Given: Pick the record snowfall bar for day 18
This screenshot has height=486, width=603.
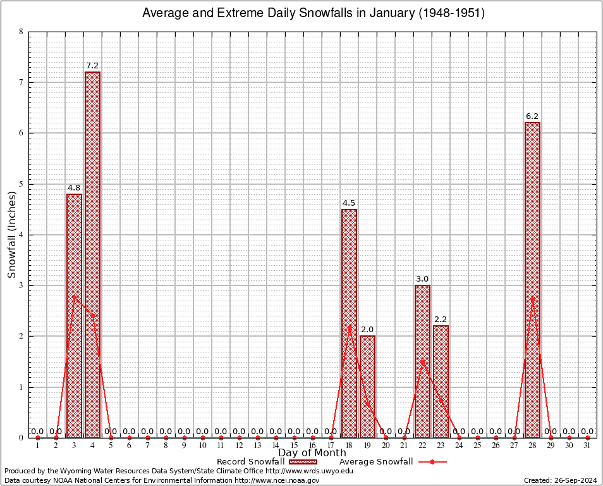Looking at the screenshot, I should click(x=349, y=323).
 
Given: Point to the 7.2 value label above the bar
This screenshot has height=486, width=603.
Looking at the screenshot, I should click(x=92, y=66).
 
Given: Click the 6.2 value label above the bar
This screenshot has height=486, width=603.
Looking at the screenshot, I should click(x=532, y=116).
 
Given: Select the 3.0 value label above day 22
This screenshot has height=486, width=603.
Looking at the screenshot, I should click(x=422, y=279).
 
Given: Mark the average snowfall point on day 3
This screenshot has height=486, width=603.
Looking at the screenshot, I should click(x=74, y=296).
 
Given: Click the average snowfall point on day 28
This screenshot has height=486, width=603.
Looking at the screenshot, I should click(x=532, y=299).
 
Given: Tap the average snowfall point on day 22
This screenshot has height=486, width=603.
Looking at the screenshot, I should click(x=422, y=361).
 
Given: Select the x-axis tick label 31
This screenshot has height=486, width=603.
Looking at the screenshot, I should click(x=587, y=446).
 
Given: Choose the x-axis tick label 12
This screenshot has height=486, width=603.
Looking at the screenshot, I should click(x=239, y=446).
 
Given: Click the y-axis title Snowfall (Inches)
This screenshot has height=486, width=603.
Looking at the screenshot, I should click(x=12, y=235).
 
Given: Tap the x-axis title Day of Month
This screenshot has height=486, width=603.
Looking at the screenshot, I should click(x=312, y=453).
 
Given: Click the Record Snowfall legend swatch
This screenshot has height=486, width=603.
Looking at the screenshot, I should click(x=302, y=462).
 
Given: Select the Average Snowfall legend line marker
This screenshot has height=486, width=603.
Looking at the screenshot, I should click(x=432, y=462).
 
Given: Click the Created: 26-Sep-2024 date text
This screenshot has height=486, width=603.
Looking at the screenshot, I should click(x=561, y=480).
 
